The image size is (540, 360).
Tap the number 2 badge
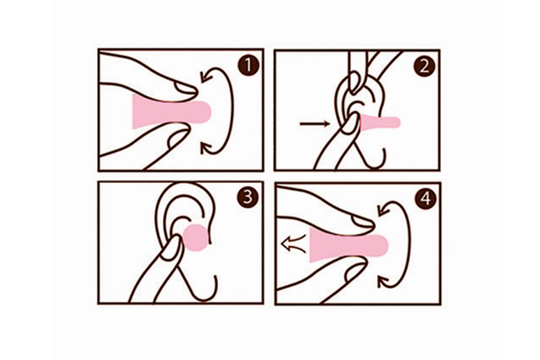tap(424, 66)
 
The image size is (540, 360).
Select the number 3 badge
tap(247, 198)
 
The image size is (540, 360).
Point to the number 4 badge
tap(425, 199)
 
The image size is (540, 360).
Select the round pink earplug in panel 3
tap(196, 238)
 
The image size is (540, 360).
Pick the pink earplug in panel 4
tap(349, 245)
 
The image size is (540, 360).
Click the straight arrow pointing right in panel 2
tap(315, 124)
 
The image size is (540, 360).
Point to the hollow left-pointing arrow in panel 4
tap(293, 243)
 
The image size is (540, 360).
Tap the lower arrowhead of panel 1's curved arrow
tap(206, 148)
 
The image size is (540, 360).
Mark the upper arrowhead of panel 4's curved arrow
tap(383, 209)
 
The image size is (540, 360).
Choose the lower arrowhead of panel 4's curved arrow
tap(383, 281)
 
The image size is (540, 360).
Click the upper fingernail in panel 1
tap(186, 88)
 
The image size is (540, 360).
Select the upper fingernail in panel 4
tap(363, 221)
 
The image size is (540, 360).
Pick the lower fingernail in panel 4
tap(355, 271)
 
